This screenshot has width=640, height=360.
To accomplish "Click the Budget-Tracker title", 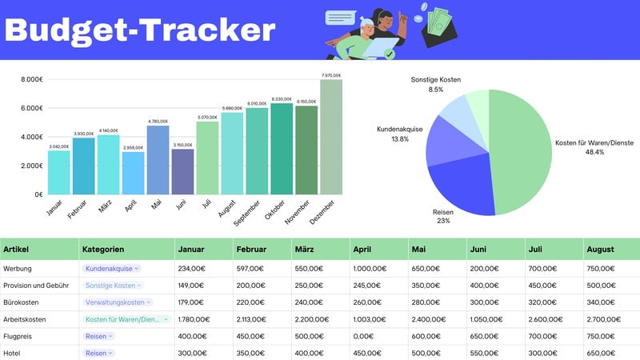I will click(141, 30).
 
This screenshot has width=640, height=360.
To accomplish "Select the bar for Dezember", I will click(330, 136).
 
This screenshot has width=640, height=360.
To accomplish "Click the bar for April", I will click(133, 173).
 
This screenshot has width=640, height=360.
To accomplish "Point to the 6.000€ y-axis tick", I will click(31, 108).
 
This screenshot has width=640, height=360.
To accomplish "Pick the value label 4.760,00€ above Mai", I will click(158, 122).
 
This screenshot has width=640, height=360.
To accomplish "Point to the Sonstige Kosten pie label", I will click(436, 84).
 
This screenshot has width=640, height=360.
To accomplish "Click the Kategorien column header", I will click(103, 250).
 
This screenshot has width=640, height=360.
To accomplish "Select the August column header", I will click(602, 250).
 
